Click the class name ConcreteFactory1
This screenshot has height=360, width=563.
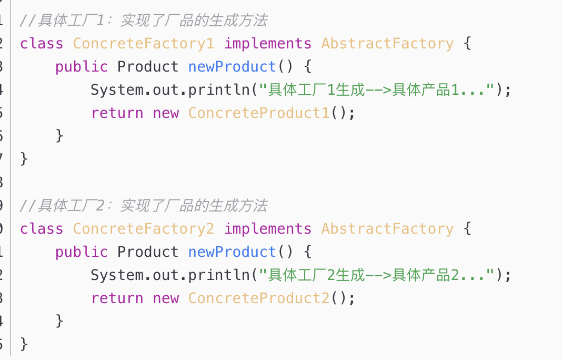144,43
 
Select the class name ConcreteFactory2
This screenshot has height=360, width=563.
144,228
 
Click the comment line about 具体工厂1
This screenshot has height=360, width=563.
144,21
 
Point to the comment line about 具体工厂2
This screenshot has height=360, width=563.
144,205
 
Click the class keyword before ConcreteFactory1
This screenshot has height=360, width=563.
42,43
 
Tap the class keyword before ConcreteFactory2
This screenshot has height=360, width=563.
42,228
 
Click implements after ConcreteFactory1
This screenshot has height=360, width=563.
268,43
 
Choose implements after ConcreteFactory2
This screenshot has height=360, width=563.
268,228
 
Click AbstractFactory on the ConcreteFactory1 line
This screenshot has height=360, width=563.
387,43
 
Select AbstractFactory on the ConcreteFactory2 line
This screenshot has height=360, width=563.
387,228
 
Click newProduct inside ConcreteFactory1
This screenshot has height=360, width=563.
232,66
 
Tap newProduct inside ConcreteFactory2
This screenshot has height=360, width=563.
232,252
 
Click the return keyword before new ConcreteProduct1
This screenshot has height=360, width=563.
117,113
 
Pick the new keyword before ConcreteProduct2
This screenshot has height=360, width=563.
166,298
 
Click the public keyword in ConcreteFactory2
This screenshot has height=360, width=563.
82,252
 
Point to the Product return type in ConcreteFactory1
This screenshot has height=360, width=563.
148,66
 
